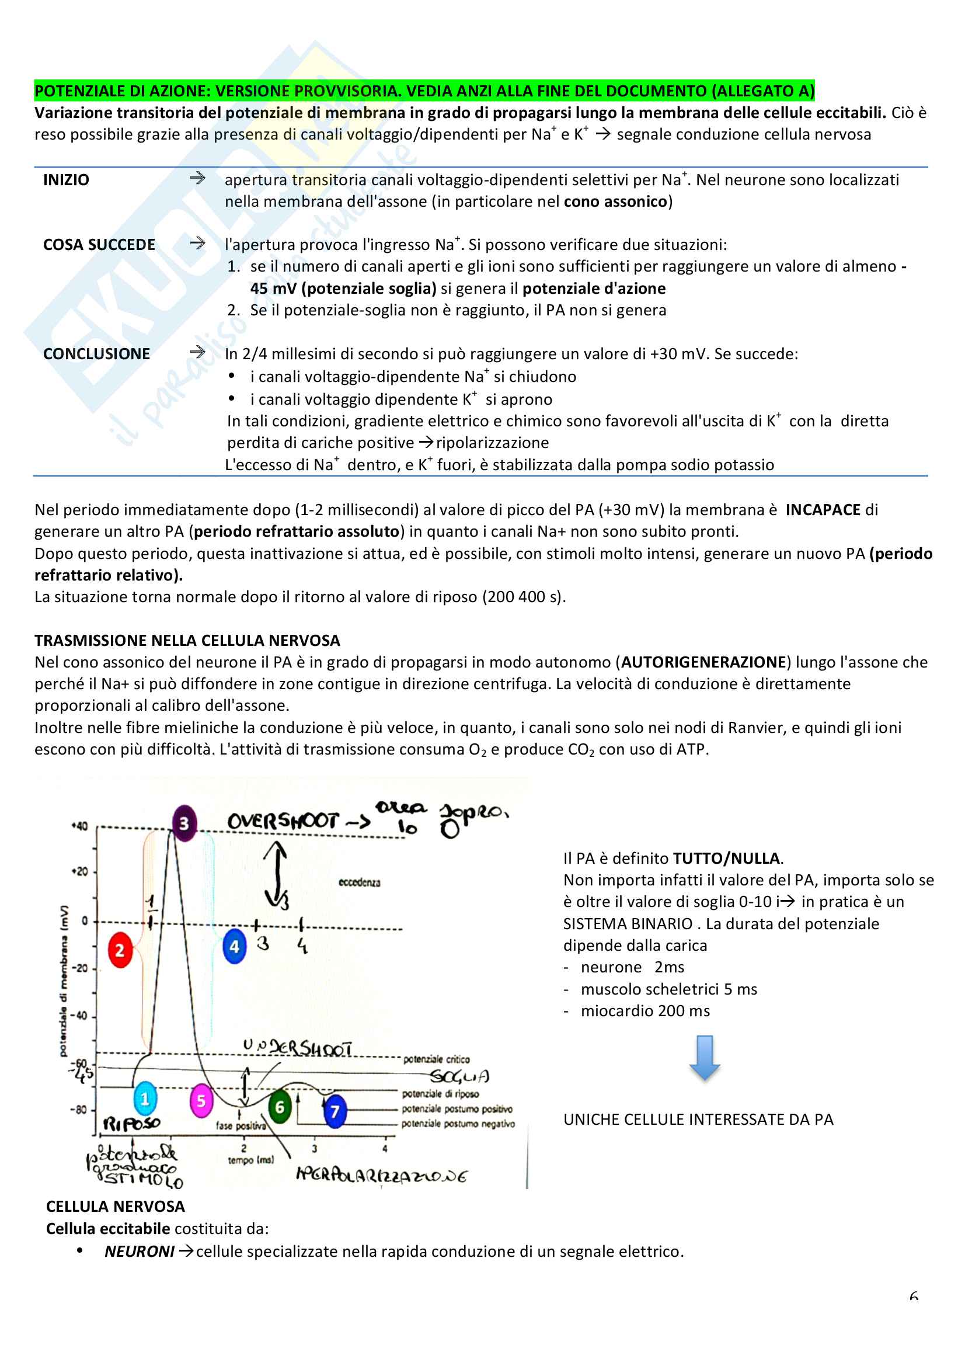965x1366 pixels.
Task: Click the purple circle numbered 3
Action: pos(184,823)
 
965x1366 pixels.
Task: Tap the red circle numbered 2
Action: pos(120,950)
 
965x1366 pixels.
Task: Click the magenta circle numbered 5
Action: pos(201,1101)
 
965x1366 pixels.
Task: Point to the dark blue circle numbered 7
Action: pos(335,1111)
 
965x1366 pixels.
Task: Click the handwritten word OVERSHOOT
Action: pos(283,822)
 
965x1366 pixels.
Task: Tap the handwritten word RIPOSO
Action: pos(131,1124)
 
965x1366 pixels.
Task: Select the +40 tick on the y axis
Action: pos(79,826)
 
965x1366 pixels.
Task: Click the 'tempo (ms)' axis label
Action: pos(250,1160)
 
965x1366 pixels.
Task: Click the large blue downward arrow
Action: pos(705,1058)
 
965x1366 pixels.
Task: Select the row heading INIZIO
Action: pos(66,180)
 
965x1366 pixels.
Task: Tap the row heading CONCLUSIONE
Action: pos(96,354)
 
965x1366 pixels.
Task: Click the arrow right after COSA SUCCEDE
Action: pos(197,244)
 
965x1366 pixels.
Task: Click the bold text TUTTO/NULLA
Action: pos(726,858)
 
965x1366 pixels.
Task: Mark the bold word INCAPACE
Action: pos(823,510)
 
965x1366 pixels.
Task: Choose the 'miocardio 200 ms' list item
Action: pos(645,1011)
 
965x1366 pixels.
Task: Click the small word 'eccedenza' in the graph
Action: pos(359,882)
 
